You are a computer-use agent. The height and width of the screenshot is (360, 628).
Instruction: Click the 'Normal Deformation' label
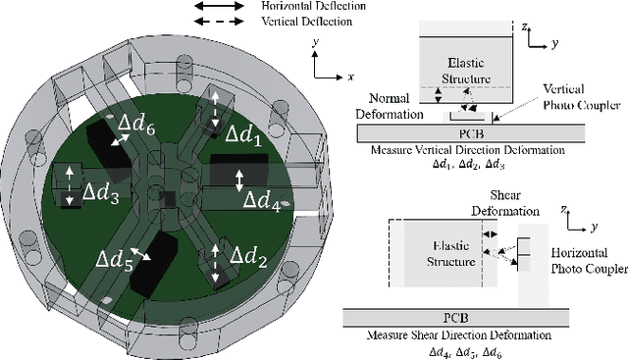[x=386, y=106]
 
